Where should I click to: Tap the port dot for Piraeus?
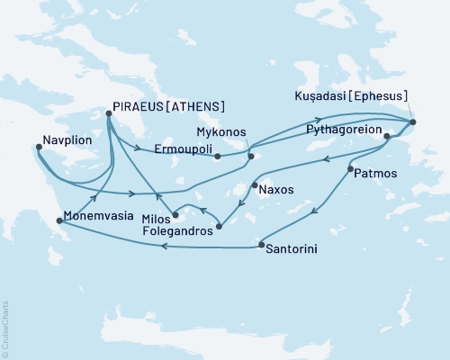point(109,113)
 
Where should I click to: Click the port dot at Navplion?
point(38,148)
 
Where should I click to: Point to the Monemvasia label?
point(98,218)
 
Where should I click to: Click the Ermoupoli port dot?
point(218,156)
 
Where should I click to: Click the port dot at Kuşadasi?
point(412,121)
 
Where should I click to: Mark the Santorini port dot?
point(261,245)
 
